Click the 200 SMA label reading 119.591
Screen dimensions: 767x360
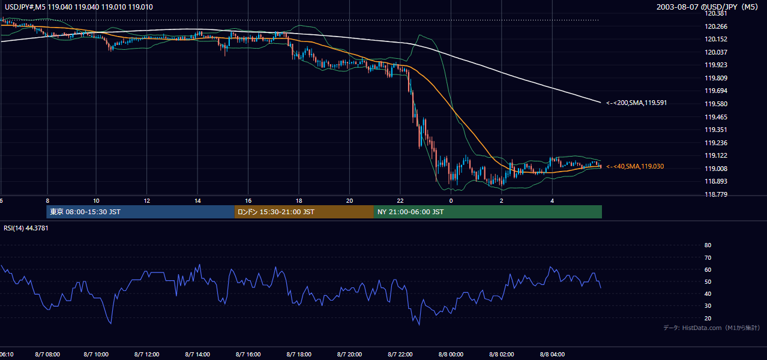637,103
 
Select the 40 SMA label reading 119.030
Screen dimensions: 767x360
635,166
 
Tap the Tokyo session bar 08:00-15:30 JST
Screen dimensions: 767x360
140,212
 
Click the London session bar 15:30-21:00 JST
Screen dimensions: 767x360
304,212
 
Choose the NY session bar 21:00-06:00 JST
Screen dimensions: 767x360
488,212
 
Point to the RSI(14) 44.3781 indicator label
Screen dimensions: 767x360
26,228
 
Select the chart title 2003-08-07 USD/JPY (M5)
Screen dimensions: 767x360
708,7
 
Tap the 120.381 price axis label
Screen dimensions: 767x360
716,13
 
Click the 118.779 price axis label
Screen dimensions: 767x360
716,194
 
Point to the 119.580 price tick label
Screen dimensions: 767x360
716,104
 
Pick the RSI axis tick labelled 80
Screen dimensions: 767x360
708,245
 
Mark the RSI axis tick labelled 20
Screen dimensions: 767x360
708,318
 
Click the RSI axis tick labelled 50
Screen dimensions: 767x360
708,281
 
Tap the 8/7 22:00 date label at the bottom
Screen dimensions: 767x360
400,355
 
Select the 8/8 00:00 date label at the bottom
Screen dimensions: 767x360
451,355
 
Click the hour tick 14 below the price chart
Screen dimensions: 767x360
197,201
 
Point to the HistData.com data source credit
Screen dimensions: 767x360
712,328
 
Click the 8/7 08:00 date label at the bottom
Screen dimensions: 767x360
47,355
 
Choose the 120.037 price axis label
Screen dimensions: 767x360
716,52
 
